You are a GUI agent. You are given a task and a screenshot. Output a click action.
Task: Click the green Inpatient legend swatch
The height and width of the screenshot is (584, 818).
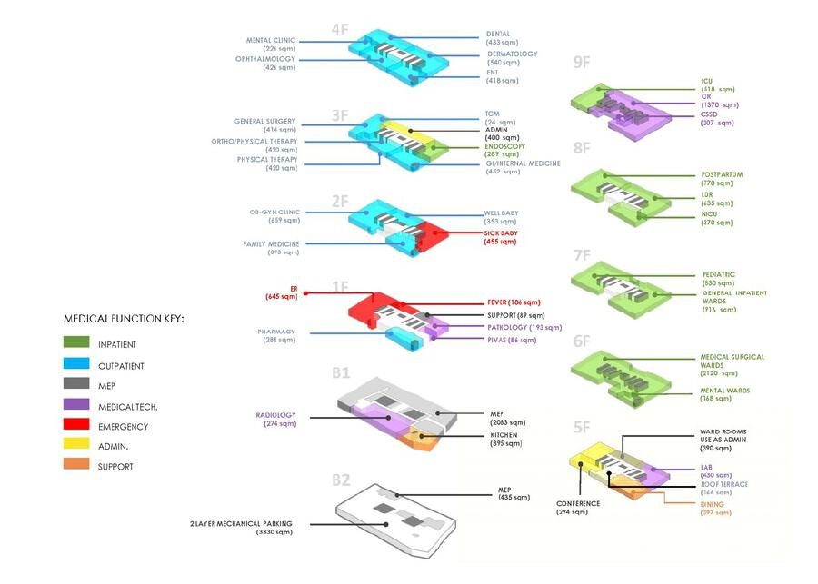tap(76, 344)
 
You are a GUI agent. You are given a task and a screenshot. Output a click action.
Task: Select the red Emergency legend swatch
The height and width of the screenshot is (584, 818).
tap(76, 426)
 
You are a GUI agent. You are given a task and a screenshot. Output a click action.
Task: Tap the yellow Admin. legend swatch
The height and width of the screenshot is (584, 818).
tap(76, 446)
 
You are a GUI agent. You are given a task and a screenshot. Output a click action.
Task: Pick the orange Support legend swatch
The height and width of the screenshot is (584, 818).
tap(76, 466)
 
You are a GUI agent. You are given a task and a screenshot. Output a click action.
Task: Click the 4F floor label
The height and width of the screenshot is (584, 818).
tap(340, 29)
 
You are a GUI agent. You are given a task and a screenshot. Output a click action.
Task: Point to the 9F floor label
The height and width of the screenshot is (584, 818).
tap(582, 63)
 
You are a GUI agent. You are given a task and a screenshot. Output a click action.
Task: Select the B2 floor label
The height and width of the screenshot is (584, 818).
tap(341, 480)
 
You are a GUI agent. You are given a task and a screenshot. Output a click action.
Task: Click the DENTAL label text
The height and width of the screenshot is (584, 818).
tap(498, 34)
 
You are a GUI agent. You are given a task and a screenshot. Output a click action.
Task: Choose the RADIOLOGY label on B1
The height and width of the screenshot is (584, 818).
tap(277, 414)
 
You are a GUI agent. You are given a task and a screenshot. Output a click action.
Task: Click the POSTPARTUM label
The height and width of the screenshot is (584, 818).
tap(723, 174)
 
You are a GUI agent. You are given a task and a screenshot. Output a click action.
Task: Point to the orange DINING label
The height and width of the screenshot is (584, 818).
tap(713, 503)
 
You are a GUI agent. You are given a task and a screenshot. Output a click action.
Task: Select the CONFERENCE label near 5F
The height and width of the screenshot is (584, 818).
tap(577, 503)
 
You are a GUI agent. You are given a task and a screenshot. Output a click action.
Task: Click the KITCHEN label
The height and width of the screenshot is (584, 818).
tap(504, 435)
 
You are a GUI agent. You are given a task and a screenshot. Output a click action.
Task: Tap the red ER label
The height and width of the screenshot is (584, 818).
tap(294, 288)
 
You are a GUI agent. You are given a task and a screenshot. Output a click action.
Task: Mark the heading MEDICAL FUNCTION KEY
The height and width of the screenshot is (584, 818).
tap(124, 320)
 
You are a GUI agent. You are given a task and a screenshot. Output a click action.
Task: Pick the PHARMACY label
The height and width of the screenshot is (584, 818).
tap(276, 332)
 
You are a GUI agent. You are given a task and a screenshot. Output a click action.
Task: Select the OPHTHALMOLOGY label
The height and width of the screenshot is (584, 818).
tap(265, 59)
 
